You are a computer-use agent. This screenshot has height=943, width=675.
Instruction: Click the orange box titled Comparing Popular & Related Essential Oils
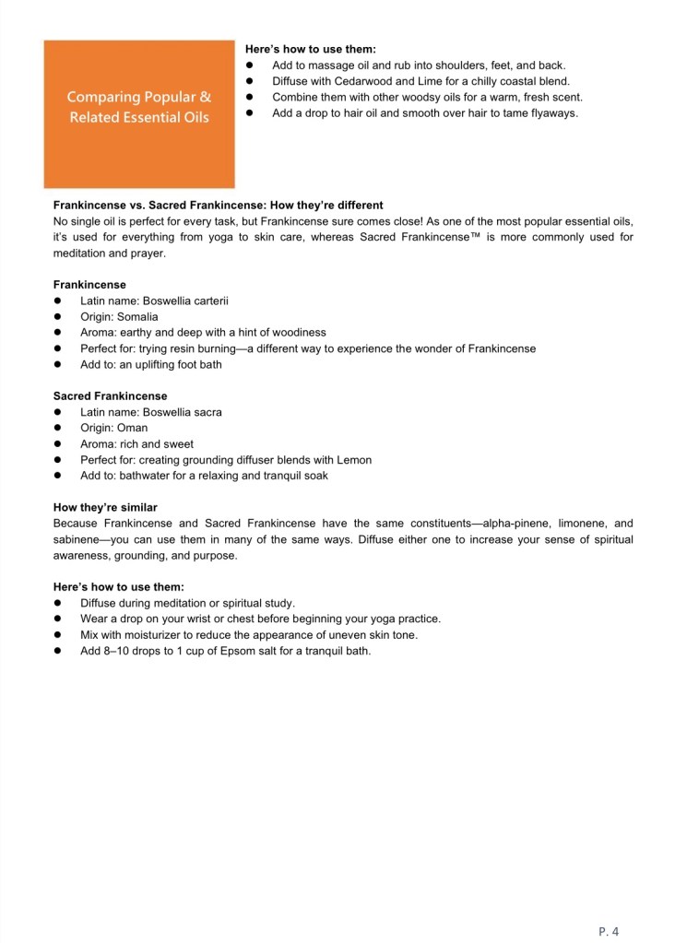tap(139, 113)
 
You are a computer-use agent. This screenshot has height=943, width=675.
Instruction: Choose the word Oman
tap(132, 428)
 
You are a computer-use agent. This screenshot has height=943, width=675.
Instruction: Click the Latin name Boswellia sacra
tap(176, 412)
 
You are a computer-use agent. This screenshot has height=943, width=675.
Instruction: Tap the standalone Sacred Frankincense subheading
tap(110, 396)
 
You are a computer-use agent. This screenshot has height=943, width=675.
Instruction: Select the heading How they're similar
tap(105, 507)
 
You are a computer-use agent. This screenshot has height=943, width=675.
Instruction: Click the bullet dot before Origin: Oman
tap(57, 428)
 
